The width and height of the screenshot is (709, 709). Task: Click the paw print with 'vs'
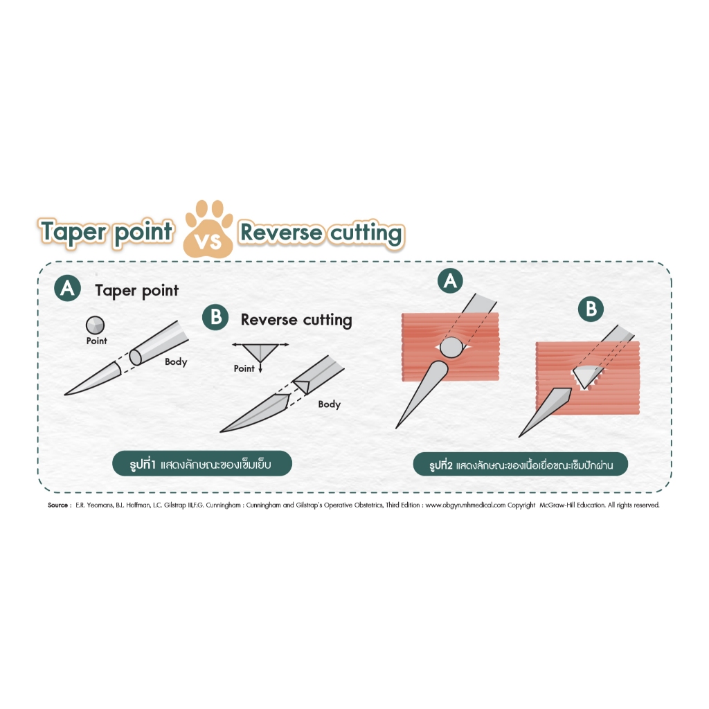[208, 229]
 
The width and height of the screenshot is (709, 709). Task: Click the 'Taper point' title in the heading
[107, 233]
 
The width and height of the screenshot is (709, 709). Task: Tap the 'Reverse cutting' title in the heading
[321, 233]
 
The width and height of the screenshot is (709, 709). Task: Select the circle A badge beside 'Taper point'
[67, 288]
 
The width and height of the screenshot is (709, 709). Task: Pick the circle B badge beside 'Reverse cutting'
[216, 317]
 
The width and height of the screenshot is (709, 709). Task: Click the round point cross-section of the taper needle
[95, 325]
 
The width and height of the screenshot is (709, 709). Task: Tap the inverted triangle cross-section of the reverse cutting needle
[260, 352]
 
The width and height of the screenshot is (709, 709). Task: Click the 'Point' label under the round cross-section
[97, 341]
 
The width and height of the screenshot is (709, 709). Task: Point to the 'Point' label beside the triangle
[244, 368]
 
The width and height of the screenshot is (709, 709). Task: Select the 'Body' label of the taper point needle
[176, 361]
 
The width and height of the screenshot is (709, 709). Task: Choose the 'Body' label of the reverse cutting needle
[329, 404]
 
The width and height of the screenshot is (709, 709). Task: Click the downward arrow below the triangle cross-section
[260, 367]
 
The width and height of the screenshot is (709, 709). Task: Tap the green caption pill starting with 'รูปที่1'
[202, 463]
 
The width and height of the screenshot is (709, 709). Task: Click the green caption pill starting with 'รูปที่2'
[521, 465]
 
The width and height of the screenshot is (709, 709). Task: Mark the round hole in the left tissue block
[451, 347]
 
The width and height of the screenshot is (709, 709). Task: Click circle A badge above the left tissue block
[450, 281]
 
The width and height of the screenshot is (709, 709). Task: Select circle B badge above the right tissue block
[591, 309]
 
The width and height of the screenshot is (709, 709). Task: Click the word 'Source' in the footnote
[58, 505]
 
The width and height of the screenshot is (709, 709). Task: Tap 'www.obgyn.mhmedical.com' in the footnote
[465, 505]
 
